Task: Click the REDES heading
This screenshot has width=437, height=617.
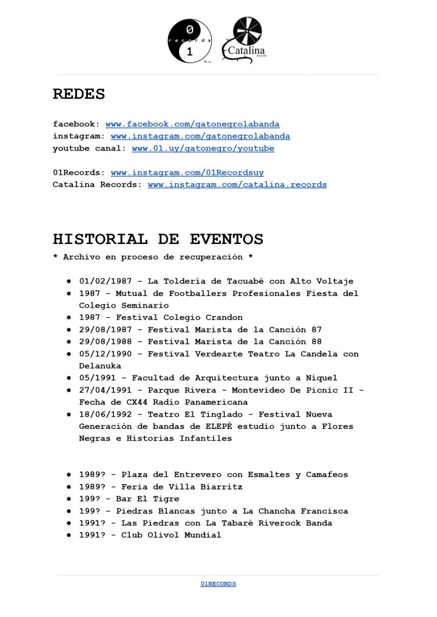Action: (x=79, y=94)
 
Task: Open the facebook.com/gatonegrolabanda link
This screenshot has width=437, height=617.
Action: (x=192, y=124)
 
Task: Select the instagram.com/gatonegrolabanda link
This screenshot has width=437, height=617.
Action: (x=200, y=137)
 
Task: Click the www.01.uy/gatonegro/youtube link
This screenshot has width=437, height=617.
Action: (x=203, y=149)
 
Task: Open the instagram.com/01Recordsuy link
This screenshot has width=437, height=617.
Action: (x=187, y=173)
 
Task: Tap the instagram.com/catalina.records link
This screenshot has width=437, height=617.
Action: (x=237, y=185)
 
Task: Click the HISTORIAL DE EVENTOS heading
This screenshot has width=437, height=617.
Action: (x=158, y=239)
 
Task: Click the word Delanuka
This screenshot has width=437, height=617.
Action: (x=100, y=366)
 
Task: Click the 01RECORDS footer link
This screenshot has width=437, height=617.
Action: (x=218, y=584)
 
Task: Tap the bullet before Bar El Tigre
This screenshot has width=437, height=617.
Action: (x=69, y=499)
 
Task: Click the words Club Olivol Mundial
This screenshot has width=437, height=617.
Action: (x=171, y=536)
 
